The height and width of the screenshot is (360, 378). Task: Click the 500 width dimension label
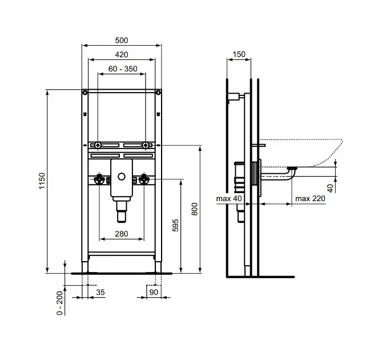pyautogui.click(x=122, y=41)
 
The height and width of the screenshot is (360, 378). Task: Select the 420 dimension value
pyautogui.click(x=122, y=54)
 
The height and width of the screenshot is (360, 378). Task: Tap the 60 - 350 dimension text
pyautogui.click(x=123, y=69)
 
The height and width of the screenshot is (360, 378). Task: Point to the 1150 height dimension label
pyautogui.click(x=42, y=181)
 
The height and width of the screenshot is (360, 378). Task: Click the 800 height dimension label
pyautogui.click(x=194, y=209)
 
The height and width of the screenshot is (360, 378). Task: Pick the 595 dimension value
pyautogui.click(x=175, y=225)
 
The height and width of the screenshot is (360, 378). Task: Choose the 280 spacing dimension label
pyautogui.click(x=122, y=234)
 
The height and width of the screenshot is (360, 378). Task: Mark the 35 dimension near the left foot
pyautogui.click(x=100, y=292)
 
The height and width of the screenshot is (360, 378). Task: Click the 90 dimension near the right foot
pyautogui.click(x=154, y=292)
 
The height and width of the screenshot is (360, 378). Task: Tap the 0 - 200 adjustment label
pyautogui.click(x=59, y=303)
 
